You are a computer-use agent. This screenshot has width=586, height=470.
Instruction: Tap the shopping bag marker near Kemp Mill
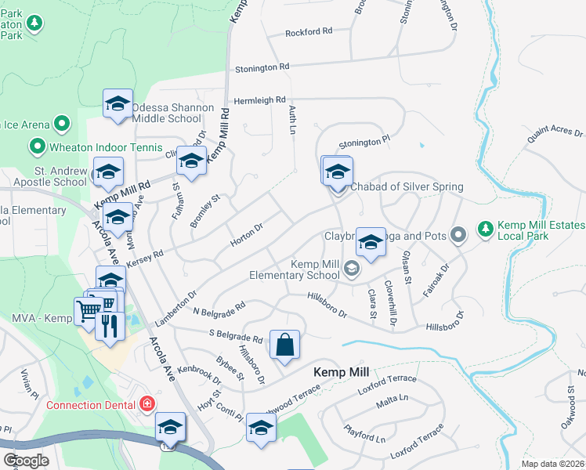coord(284,345)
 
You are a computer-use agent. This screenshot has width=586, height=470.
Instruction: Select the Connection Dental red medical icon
coord(146,404)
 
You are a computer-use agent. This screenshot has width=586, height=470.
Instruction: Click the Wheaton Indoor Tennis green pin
coord(36,146)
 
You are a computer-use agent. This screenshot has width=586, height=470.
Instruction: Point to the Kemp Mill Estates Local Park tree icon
coord(486,227)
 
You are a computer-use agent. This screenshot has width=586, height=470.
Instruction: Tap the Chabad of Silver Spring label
coord(406,186)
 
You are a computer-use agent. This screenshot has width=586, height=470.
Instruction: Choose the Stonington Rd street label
coord(262,68)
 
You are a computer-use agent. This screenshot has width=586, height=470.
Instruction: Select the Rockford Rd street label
coord(309,32)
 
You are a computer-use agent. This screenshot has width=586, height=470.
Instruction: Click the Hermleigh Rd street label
coord(259,100)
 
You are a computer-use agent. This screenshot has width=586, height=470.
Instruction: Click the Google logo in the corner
coord(26,461)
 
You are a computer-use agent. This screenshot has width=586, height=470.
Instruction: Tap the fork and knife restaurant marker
coord(110,325)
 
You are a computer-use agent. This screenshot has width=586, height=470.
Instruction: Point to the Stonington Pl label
coord(364,143)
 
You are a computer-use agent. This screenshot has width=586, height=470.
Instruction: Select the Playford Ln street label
coord(365,434)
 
